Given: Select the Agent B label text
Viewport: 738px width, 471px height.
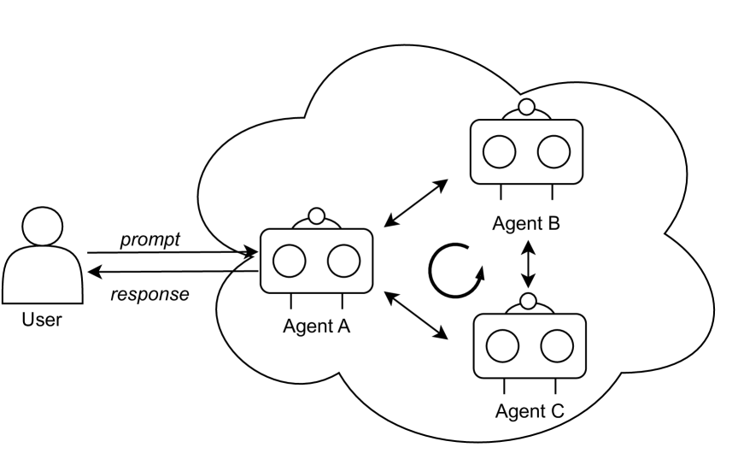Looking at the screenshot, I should tap(526, 224).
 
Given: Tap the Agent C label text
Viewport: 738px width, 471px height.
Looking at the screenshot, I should tap(530, 411).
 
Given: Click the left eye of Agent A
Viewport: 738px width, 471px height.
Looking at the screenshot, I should tap(290, 261).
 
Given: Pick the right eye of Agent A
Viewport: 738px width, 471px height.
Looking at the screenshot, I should tap(343, 261).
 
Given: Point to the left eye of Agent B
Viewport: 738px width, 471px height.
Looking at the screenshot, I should tap(499, 152).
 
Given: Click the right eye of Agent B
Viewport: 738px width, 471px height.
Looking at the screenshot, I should tap(553, 152).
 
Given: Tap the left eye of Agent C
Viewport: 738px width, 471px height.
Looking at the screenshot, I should tap(501, 345).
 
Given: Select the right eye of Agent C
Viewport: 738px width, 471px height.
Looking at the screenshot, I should tap(556, 345).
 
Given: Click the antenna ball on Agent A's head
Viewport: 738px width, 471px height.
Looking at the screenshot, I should tap(317, 216).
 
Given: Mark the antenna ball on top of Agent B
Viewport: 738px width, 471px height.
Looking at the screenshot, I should tap(527, 108).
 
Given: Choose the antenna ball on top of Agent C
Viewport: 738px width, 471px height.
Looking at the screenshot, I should tap(529, 301).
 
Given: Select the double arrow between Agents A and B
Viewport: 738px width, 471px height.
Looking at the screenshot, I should tap(417, 203).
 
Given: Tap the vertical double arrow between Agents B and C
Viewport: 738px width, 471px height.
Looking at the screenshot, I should tap(529, 264).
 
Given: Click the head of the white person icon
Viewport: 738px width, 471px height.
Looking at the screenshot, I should tap(43, 227).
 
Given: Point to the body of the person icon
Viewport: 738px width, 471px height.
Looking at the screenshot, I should tap(43, 275).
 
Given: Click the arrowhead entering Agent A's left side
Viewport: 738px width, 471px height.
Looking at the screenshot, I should tap(250, 252).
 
